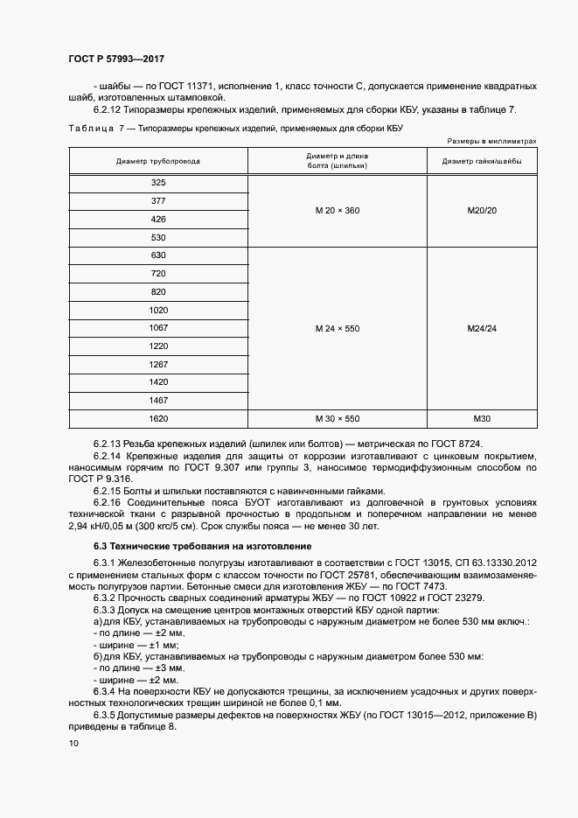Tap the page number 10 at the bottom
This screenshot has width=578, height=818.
(73, 743)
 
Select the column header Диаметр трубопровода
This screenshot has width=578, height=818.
(157, 161)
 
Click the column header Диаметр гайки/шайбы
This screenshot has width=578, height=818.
(482, 161)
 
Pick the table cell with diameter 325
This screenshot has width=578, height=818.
(158, 183)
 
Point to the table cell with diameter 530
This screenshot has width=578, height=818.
(158, 237)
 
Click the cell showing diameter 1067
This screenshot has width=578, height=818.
(158, 328)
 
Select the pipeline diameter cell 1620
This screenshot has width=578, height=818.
(158, 419)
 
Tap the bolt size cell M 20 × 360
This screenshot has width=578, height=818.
(338, 211)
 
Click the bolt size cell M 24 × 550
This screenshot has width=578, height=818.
(338, 329)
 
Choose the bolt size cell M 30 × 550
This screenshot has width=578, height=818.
(338, 419)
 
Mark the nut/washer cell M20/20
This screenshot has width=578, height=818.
(482, 211)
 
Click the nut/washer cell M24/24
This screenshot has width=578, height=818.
(482, 329)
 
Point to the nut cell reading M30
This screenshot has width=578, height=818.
(482, 419)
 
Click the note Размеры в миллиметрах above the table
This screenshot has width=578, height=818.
(491, 140)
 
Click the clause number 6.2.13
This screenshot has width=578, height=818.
(108, 444)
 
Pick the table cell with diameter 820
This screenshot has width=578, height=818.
(158, 291)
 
